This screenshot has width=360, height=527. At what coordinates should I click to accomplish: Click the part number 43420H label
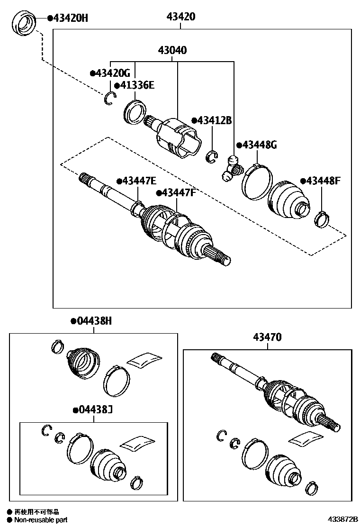70,18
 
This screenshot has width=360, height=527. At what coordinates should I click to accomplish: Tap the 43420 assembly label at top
180,17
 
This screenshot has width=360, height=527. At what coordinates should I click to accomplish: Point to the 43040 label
172,50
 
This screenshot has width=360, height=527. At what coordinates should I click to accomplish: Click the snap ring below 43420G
110,98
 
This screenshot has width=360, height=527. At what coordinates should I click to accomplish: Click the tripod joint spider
231,168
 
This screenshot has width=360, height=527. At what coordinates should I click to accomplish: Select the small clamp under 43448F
322,219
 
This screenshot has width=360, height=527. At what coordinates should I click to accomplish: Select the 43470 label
267,337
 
